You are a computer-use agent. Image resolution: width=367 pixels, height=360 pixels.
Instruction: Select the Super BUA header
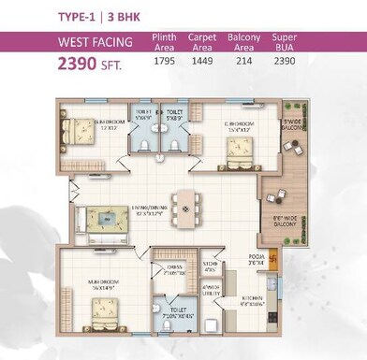(285, 42)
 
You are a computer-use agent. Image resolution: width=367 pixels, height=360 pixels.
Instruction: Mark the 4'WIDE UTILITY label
(211, 291)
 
